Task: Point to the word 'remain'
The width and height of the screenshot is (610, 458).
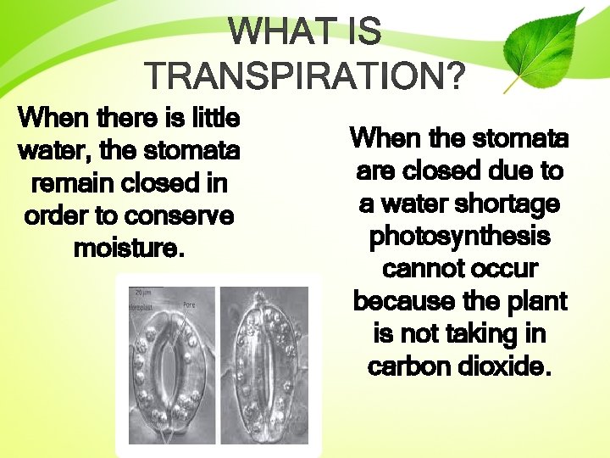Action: coord(74,182)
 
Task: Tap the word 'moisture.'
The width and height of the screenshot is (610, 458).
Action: coord(129,249)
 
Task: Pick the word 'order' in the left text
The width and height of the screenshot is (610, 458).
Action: coord(56,215)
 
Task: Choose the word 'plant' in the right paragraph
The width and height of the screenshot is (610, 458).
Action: coord(537,301)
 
